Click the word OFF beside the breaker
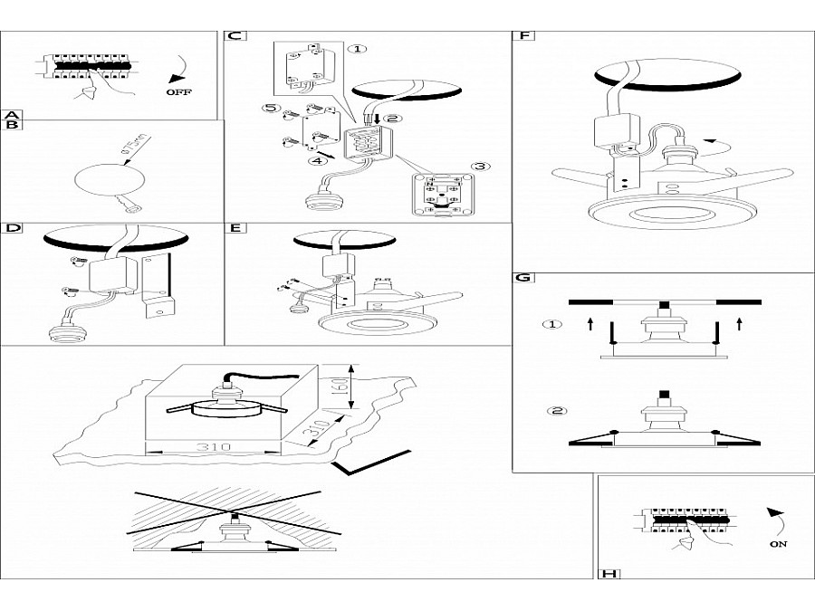[x=178, y=92]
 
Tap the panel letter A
[x=11, y=115]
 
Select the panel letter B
[x=11, y=126]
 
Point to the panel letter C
[x=234, y=36]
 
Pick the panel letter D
[x=12, y=228]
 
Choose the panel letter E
[x=235, y=228]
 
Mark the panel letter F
[x=523, y=36]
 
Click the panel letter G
[x=523, y=278]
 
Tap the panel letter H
[x=608, y=572]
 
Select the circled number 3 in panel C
[x=479, y=167]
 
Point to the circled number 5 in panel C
[x=269, y=109]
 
